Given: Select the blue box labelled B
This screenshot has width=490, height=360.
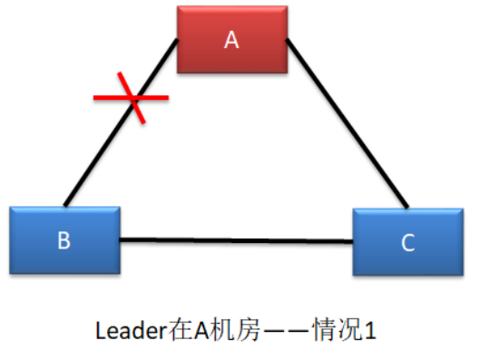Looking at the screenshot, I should tap(64, 239).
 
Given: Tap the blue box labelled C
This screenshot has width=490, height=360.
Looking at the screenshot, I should tap(407, 242).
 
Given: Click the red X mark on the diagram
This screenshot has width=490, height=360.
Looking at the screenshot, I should tap(132, 98).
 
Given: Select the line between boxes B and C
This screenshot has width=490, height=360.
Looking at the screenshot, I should tap(236, 240).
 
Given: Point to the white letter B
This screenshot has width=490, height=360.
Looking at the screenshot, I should tap(64, 240).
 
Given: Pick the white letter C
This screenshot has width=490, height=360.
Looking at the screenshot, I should tap(407, 243).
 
